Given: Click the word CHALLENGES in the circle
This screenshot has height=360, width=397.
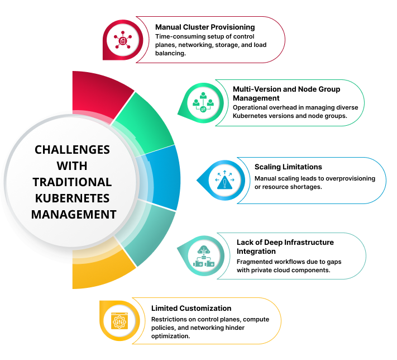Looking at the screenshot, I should click(72, 150).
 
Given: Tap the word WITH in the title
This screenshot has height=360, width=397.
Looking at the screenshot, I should click(72, 166).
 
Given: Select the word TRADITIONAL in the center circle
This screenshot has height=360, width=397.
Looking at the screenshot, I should click(72, 182).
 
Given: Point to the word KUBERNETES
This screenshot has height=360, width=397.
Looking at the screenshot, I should click(72, 198).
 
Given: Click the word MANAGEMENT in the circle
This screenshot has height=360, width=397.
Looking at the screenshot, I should click(74, 215).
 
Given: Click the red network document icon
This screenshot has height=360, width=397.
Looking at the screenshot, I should click(122, 40).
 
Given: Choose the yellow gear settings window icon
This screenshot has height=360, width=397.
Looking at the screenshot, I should click(119, 321).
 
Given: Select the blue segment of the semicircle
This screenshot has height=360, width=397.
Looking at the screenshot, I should click(165, 178).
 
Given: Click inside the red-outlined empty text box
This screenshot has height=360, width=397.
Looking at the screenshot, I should click(215, 40).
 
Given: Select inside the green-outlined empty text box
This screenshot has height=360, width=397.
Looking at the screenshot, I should click(293, 103).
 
